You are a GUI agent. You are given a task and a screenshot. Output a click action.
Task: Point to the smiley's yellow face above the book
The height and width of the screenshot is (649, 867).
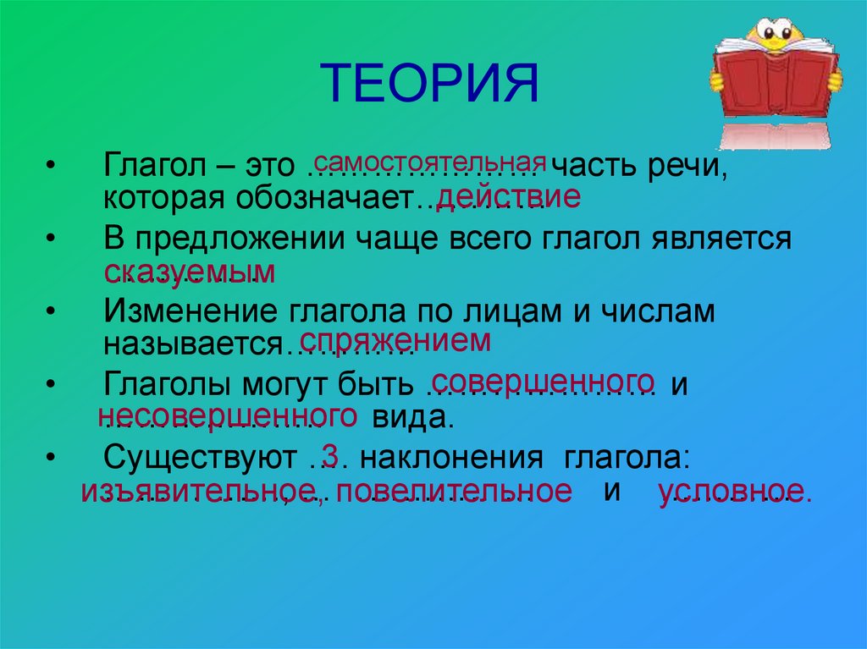[x=775, y=33]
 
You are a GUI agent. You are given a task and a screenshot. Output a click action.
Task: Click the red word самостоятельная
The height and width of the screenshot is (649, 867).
[x=429, y=161]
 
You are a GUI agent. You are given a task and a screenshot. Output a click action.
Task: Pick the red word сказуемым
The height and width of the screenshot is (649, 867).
[x=190, y=272]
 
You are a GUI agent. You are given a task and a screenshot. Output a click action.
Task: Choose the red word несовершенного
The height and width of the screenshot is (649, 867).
[x=226, y=415]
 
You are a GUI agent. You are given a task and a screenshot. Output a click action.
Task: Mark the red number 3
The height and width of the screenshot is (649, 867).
[x=330, y=457]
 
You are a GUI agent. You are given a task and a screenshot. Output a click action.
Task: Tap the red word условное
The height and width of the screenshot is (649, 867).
[x=734, y=492]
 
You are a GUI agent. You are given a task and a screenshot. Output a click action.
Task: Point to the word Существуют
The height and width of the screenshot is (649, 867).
[x=199, y=458]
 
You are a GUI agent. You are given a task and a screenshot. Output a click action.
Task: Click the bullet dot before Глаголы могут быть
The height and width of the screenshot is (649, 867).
[x=52, y=383]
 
